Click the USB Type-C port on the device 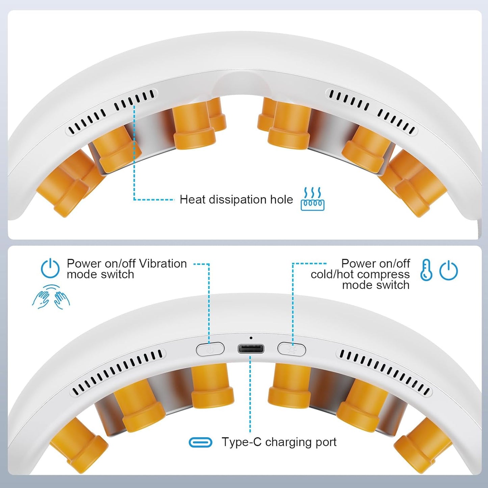pyautogui.click(x=251, y=349)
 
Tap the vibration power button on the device pyautogui.click(x=210, y=349)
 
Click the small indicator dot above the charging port pyautogui.click(x=251, y=338)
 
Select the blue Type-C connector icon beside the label pyautogui.click(x=200, y=442)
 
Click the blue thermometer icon pyautogui.click(x=426, y=270)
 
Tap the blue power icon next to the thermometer pyautogui.click(x=448, y=270)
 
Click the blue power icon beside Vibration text pyautogui.click(x=50, y=268)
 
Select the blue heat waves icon pyautogui.click(x=312, y=199)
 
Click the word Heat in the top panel pyautogui.click(x=192, y=200)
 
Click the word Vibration pyautogui.click(x=163, y=264)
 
